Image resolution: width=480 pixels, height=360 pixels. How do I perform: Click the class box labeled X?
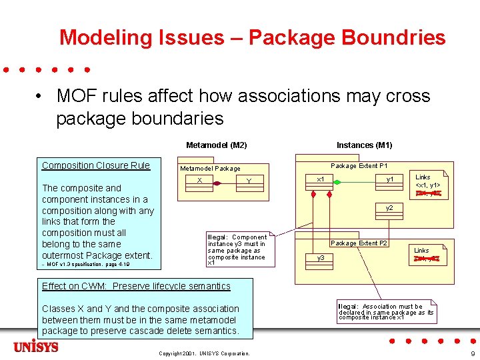199,181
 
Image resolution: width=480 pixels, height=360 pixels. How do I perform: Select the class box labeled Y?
248,181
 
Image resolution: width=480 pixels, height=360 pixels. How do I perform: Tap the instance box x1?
321,179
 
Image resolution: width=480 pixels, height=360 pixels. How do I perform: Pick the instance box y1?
389,179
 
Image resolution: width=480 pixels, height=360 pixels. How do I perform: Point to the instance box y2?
389,209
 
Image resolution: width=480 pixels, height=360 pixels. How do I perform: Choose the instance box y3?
321,257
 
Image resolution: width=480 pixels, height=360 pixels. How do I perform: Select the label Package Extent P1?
359,166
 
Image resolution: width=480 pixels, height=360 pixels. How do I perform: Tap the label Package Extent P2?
359,243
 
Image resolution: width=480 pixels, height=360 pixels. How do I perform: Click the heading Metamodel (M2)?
216,145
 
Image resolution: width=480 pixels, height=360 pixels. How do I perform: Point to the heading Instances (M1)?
364,145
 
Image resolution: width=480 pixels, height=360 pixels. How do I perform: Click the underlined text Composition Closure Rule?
96,166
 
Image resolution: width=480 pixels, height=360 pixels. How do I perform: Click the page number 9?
472,353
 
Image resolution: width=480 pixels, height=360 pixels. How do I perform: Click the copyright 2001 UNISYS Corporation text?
204,353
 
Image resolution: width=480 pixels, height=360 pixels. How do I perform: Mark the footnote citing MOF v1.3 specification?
85,265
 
